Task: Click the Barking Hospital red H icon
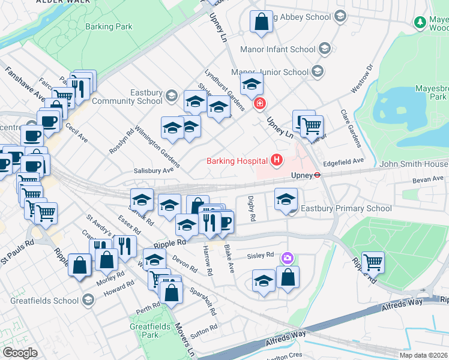276,160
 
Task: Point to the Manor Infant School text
277,49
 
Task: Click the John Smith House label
413,164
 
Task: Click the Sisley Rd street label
261,256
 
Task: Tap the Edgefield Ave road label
343,162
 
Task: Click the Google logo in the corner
19,353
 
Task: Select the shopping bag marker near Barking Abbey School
261,22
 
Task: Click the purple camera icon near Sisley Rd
288,258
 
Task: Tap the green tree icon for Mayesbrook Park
420,22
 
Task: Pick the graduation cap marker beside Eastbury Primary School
286,199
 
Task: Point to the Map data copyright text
423,355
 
